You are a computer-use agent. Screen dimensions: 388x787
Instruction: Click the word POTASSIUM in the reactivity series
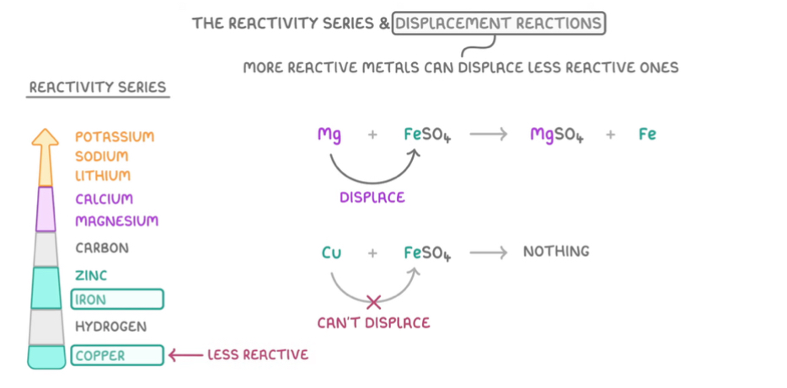pyautogui.click(x=115, y=136)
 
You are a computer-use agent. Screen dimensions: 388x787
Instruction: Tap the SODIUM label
pyautogui.click(x=101, y=157)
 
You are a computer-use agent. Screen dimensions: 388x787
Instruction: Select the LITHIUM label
pyautogui.click(x=103, y=176)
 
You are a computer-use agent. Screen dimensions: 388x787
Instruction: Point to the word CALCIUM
pyautogui.click(x=104, y=199)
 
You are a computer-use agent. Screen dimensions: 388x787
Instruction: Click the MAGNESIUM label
pyautogui.click(x=116, y=221)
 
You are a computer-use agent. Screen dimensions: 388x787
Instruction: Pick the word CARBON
pyautogui.click(x=102, y=248)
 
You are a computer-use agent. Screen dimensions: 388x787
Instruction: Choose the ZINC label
pyautogui.click(x=91, y=275)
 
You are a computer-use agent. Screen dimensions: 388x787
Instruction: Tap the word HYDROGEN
pyautogui.click(x=110, y=327)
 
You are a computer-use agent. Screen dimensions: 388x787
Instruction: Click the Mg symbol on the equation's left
pyautogui.click(x=329, y=134)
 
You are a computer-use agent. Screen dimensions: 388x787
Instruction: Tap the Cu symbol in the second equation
pyautogui.click(x=331, y=252)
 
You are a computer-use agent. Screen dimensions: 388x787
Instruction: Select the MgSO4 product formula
pyautogui.click(x=557, y=135)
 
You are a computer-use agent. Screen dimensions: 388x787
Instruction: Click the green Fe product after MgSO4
pyautogui.click(x=647, y=134)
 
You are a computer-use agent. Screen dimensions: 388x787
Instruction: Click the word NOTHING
pyautogui.click(x=556, y=252)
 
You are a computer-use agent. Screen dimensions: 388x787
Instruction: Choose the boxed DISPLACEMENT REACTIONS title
pyautogui.click(x=499, y=23)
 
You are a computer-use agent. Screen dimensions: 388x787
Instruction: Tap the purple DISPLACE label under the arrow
pyautogui.click(x=372, y=198)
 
